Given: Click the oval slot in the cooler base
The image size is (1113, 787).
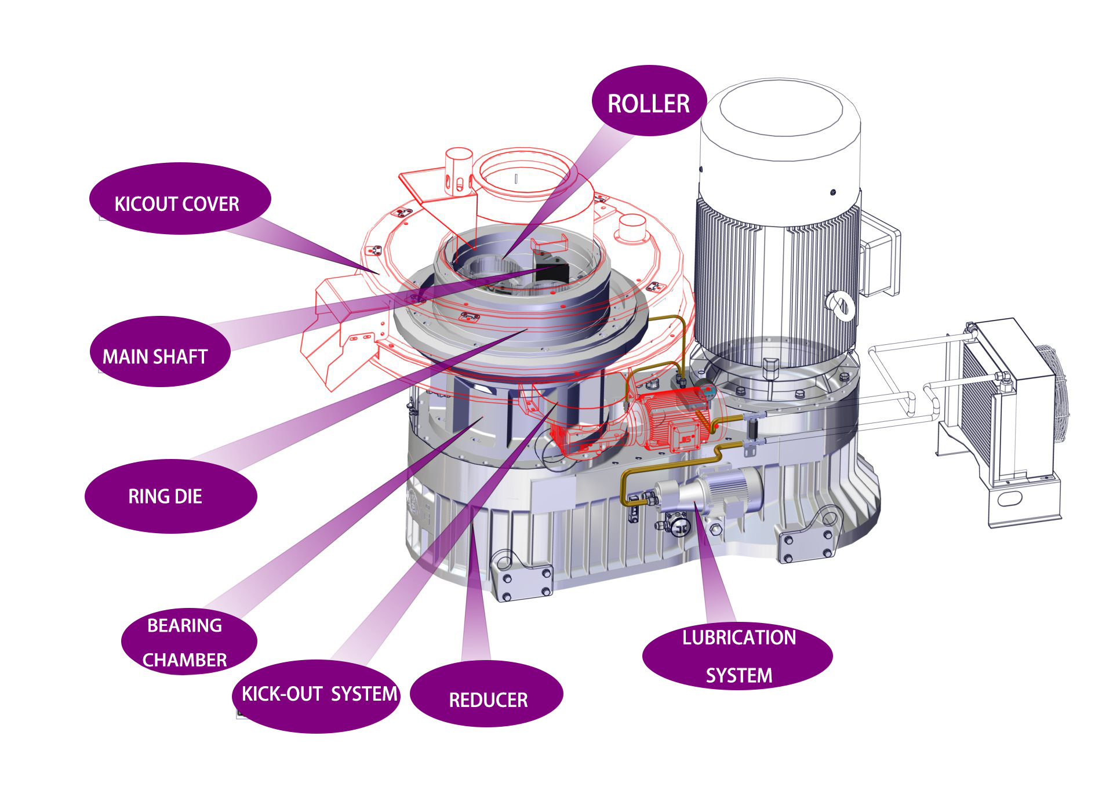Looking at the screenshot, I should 1012,498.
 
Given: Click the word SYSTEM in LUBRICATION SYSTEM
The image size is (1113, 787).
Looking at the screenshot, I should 739,675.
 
